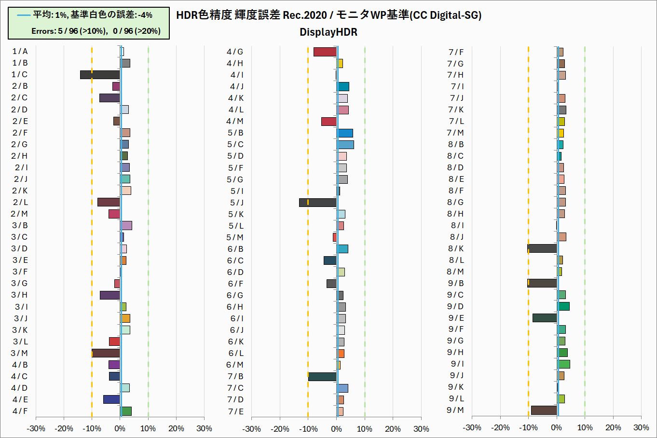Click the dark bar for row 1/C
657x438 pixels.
pyautogui.click(x=100, y=75)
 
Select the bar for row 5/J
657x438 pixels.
pyautogui.click(x=317, y=203)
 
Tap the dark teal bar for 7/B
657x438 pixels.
pyautogui.click(x=322, y=376)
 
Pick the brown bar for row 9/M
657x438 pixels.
pyautogui.click(x=544, y=411)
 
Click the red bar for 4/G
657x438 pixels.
pyautogui.click(x=325, y=52)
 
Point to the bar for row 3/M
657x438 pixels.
pyautogui.click(x=106, y=353)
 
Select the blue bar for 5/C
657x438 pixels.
pyautogui.click(x=345, y=144)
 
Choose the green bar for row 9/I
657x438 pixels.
pyautogui.click(x=563, y=364)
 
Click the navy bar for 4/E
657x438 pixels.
pyautogui.click(x=111, y=399)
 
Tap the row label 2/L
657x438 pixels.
pyautogui.click(x=20, y=202)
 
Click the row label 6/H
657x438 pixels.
pyautogui.click(x=235, y=307)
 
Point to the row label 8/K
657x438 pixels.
pyautogui.click(x=455, y=248)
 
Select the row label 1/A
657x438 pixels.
pyautogui.click(x=20, y=51)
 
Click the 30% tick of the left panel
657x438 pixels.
pyautogui.click(x=204, y=428)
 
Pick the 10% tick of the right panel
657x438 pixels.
pyautogui.click(x=585, y=427)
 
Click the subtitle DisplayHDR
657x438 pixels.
pyautogui.click(x=328, y=32)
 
